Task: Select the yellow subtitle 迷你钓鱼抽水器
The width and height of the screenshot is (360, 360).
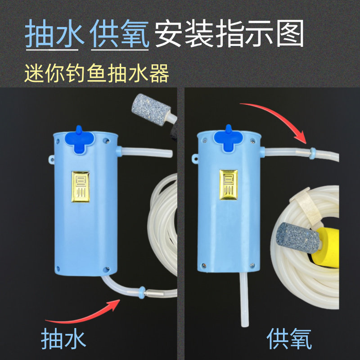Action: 97,73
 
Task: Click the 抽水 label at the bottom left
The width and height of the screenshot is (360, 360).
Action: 63,338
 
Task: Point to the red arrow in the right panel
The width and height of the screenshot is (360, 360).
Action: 274,115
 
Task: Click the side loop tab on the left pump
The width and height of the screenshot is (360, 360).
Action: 49,159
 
